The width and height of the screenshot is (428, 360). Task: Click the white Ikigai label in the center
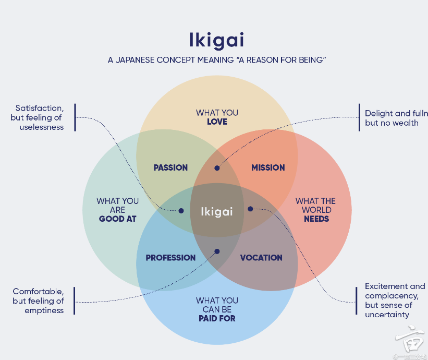(217, 211)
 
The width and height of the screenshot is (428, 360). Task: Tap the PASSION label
(170, 167)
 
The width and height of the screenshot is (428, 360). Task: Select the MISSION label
(268, 167)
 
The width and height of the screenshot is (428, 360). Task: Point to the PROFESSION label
(170, 258)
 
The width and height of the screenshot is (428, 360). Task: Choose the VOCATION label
(261, 258)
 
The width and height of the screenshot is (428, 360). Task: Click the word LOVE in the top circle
(217, 122)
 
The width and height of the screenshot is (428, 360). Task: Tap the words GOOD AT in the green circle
(117, 219)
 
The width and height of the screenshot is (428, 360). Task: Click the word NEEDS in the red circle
(316, 219)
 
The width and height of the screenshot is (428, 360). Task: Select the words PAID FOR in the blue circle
(217, 318)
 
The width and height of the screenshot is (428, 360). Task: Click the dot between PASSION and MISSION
(217, 168)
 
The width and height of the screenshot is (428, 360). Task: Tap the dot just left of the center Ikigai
(181, 211)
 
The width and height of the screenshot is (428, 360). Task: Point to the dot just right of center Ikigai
(250, 209)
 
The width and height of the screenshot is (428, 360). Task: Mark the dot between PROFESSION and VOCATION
(217, 251)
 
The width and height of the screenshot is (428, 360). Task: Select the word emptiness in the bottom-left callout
(44, 310)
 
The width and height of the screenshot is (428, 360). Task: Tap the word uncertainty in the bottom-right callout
(387, 315)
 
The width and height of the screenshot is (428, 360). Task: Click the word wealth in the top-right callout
(406, 123)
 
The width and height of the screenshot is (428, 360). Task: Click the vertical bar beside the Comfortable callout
(75, 301)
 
